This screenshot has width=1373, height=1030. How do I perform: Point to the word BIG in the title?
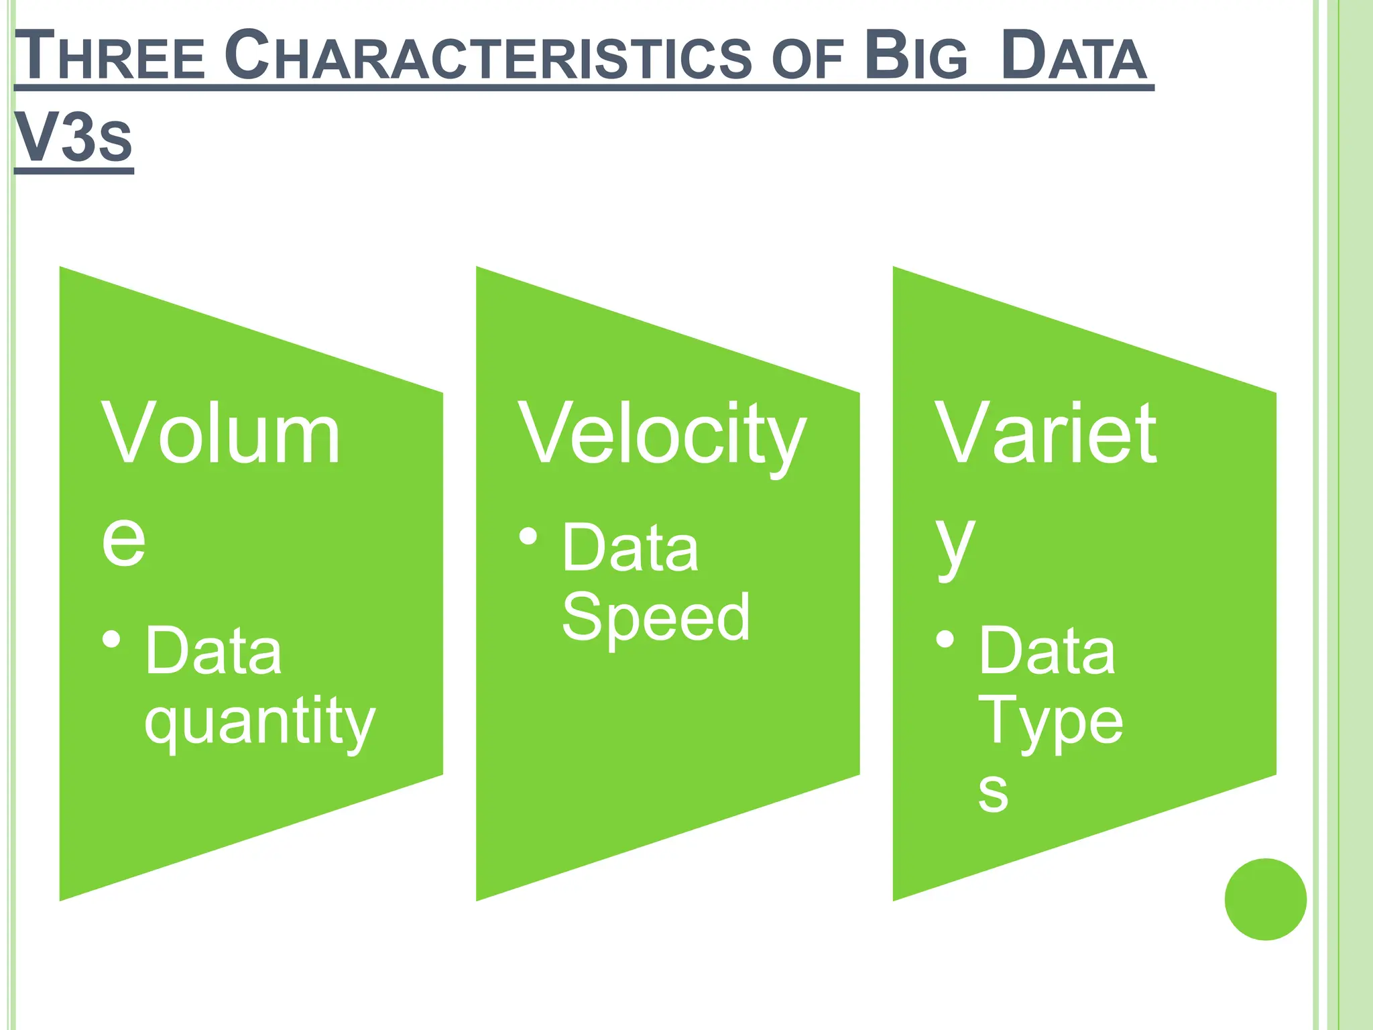click(x=916, y=56)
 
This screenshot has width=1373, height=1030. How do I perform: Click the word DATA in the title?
click(x=1073, y=56)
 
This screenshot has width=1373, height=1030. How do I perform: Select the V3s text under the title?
click(x=73, y=137)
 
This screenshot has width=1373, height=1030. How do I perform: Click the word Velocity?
click(x=662, y=435)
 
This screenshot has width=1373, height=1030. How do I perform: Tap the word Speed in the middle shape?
click(x=656, y=617)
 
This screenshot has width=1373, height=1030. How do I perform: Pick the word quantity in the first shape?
click(x=259, y=722)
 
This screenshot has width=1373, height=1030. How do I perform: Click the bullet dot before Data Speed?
click(x=528, y=536)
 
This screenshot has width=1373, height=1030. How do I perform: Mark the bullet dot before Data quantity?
click(x=112, y=639)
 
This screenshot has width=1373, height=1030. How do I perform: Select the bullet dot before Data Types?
click(x=945, y=639)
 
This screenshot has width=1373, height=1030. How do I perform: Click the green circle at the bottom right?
click(x=1265, y=899)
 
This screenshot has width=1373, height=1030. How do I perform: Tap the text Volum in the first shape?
click(x=221, y=435)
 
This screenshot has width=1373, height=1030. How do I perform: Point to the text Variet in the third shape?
click(x=1046, y=435)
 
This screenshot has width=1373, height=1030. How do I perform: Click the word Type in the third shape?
click(x=1051, y=722)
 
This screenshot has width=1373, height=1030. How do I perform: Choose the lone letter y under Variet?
click(x=955, y=543)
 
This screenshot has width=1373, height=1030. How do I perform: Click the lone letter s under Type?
click(x=993, y=791)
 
